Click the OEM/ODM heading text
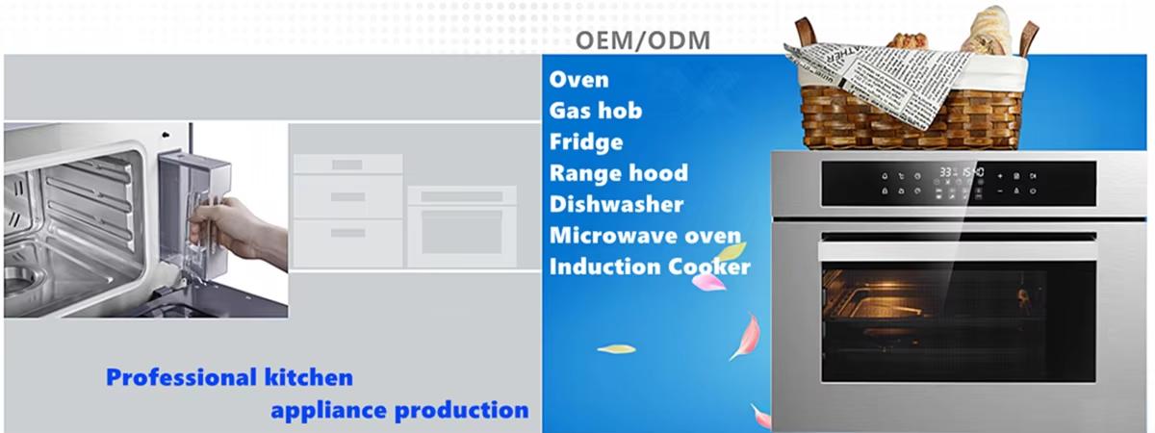(x=642, y=41)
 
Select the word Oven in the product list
(x=578, y=79)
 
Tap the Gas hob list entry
(x=595, y=110)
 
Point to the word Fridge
(x=585, y=141)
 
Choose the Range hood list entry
(x=618, y=173)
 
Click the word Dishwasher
(x=616, y=204)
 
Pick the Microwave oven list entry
(x=645, y=235)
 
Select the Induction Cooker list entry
(x=649, y=267)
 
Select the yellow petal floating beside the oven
(x=616, y=348)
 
